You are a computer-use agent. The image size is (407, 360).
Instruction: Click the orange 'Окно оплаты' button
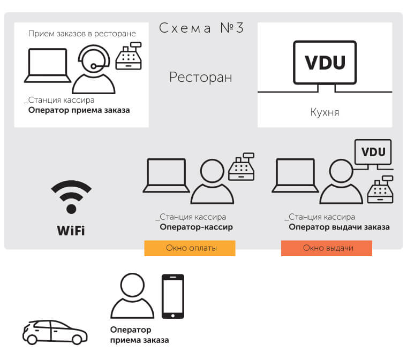click(190, 248)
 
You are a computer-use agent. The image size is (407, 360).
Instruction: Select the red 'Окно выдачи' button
click(327, 248)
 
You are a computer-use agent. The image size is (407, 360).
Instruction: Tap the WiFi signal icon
click(71, 197)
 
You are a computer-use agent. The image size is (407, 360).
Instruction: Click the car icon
click(55, 332)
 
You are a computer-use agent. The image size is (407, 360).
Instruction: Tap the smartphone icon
click(173, 296)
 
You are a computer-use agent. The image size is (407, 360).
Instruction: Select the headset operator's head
click(94, 59)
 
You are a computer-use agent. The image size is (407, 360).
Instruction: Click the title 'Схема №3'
click(201, 28)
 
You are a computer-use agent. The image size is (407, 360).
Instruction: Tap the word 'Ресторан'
click(201, 77)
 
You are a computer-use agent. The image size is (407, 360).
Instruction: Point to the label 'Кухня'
click(325, 112)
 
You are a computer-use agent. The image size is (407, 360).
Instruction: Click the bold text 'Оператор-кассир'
click(196, 227)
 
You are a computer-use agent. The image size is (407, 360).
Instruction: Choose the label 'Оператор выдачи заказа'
click(339, 227)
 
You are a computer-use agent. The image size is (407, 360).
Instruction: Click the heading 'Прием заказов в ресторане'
click(82, 34)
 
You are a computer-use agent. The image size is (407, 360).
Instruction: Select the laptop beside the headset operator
click(48, 66)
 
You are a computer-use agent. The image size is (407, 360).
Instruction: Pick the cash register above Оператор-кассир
click(242, 167)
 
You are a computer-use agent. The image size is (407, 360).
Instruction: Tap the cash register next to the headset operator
click(129, 56)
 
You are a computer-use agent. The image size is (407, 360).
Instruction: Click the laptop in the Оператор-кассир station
click(167, 175)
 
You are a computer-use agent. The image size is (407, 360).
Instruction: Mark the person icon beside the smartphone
click(132, 296)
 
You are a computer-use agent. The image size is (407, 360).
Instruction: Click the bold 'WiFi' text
click(71, 231)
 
